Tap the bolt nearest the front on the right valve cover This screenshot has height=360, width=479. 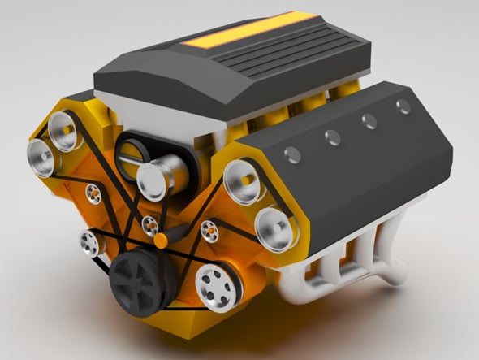294,154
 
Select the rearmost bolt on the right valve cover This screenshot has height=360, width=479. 403,106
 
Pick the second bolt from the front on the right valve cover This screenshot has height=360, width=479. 333,137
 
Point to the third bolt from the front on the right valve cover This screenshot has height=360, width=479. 369,121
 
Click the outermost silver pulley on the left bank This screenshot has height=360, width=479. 40,155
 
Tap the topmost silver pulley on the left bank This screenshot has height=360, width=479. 63,128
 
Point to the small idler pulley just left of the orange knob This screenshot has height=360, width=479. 149,225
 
